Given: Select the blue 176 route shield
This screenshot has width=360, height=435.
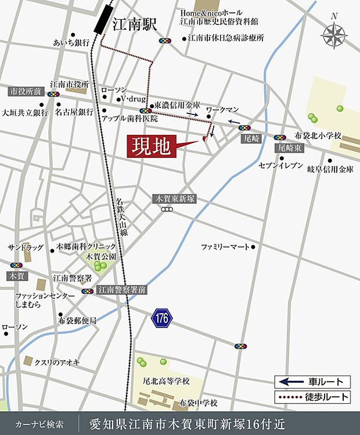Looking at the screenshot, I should pyautogui.click(x=163, y=318).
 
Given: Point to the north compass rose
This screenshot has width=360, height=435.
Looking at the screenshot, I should pyautogui.click(x=333, y=36).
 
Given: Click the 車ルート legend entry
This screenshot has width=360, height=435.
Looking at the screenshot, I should pyautogui.click(x=313, y=382).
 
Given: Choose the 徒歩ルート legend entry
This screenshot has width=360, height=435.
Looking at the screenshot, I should pyautogui.click(x=313, y=397).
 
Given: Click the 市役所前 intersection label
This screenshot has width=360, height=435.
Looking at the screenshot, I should pyautogui.click(x=26, y=91).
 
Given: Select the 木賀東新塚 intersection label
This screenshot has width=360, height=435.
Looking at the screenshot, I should pyautogui.click(x=174, y=199).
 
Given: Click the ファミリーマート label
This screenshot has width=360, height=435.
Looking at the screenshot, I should pyautogui.click(x=225, y=247).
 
